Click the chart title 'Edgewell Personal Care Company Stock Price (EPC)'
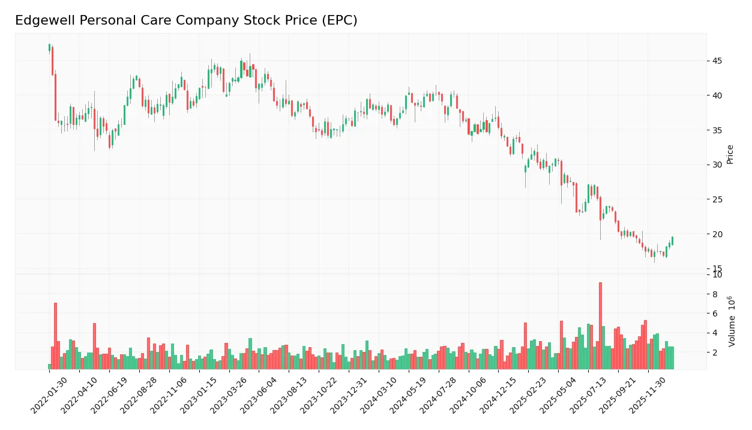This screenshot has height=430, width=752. click(186, 20)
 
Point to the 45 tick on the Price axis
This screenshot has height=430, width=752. click(717, 61)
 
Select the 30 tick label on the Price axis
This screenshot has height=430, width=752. click(717, 165)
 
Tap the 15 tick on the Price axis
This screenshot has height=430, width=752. click(717, 268)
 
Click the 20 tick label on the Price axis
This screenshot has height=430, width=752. click(717, 234)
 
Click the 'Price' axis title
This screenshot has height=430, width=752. click(730, 154)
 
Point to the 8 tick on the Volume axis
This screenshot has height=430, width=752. click(715, 294)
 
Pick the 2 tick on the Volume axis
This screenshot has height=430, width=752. click(715, 353)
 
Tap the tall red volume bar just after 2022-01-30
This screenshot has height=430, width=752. click(55, 336)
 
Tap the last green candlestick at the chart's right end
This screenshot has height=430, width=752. click(672, 241)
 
